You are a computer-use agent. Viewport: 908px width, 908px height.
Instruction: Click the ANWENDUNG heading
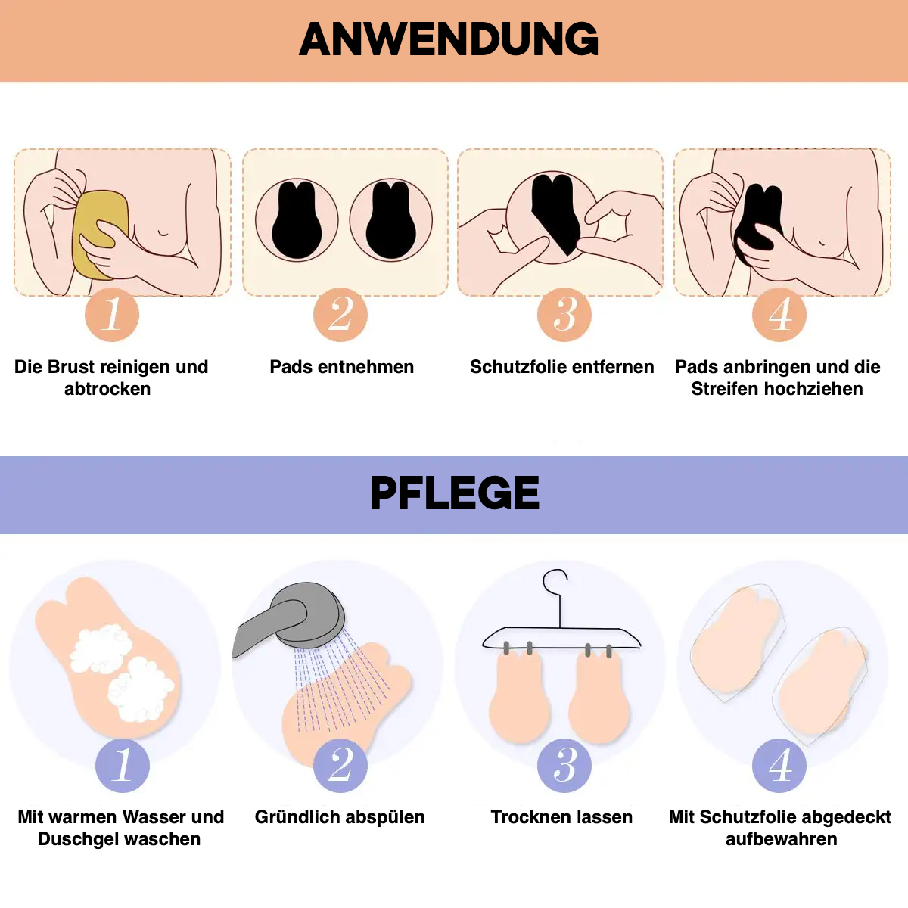[449, 39]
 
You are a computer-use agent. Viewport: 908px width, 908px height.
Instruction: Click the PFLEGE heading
[454, 493]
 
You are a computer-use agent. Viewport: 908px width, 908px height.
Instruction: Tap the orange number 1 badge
[112, 315]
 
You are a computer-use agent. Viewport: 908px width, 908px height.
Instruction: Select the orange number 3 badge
[564, 315]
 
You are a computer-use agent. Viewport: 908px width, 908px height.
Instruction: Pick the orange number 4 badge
[779, 315]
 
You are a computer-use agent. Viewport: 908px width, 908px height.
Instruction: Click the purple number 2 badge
[340, 766]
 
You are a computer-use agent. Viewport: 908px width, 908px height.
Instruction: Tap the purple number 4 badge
[779, 766]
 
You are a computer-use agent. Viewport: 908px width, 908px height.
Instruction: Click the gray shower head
[302, 615]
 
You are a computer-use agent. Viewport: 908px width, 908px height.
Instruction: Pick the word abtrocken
[107, 389]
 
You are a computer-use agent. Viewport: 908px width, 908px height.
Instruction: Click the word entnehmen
[365, 366]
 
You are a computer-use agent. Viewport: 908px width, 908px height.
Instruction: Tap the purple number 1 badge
[123, 766]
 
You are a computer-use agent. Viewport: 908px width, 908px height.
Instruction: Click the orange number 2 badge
[340, 315]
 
